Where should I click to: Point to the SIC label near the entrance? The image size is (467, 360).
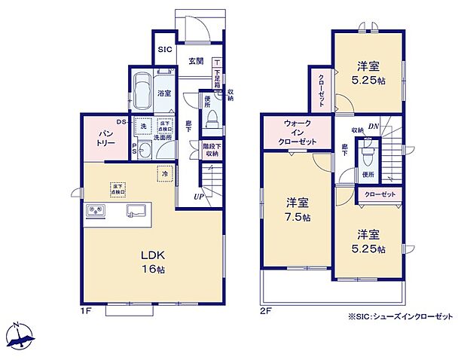point(166,50)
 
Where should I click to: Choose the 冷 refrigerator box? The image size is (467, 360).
point(164,174)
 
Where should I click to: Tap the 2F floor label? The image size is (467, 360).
point(266,309)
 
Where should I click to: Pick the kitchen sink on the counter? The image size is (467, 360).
point(136,210)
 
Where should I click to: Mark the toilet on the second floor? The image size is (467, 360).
point(367,157)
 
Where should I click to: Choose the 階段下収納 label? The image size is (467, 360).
point(210,149)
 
